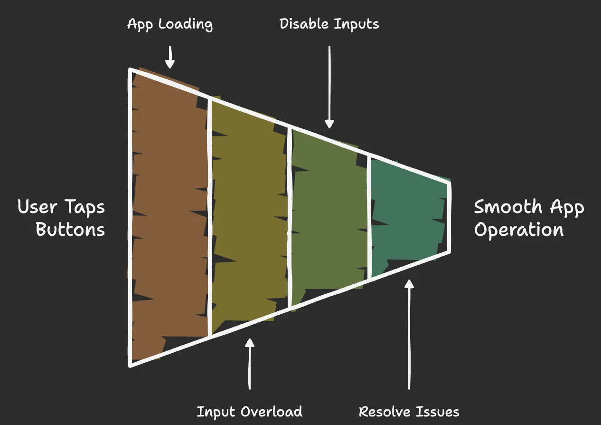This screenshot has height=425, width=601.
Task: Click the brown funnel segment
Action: coord(169,214)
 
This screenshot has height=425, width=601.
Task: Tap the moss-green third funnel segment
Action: coord(329,214)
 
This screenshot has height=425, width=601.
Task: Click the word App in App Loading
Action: coord(140,24)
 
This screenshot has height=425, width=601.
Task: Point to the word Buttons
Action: coord(70,230)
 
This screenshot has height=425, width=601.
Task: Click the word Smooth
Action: coord(508,207)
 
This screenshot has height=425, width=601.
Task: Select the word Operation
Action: coord(519,230)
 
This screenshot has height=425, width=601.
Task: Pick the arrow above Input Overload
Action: coord(250,364)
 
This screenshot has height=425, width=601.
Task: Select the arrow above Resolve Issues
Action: coord(409,333)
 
